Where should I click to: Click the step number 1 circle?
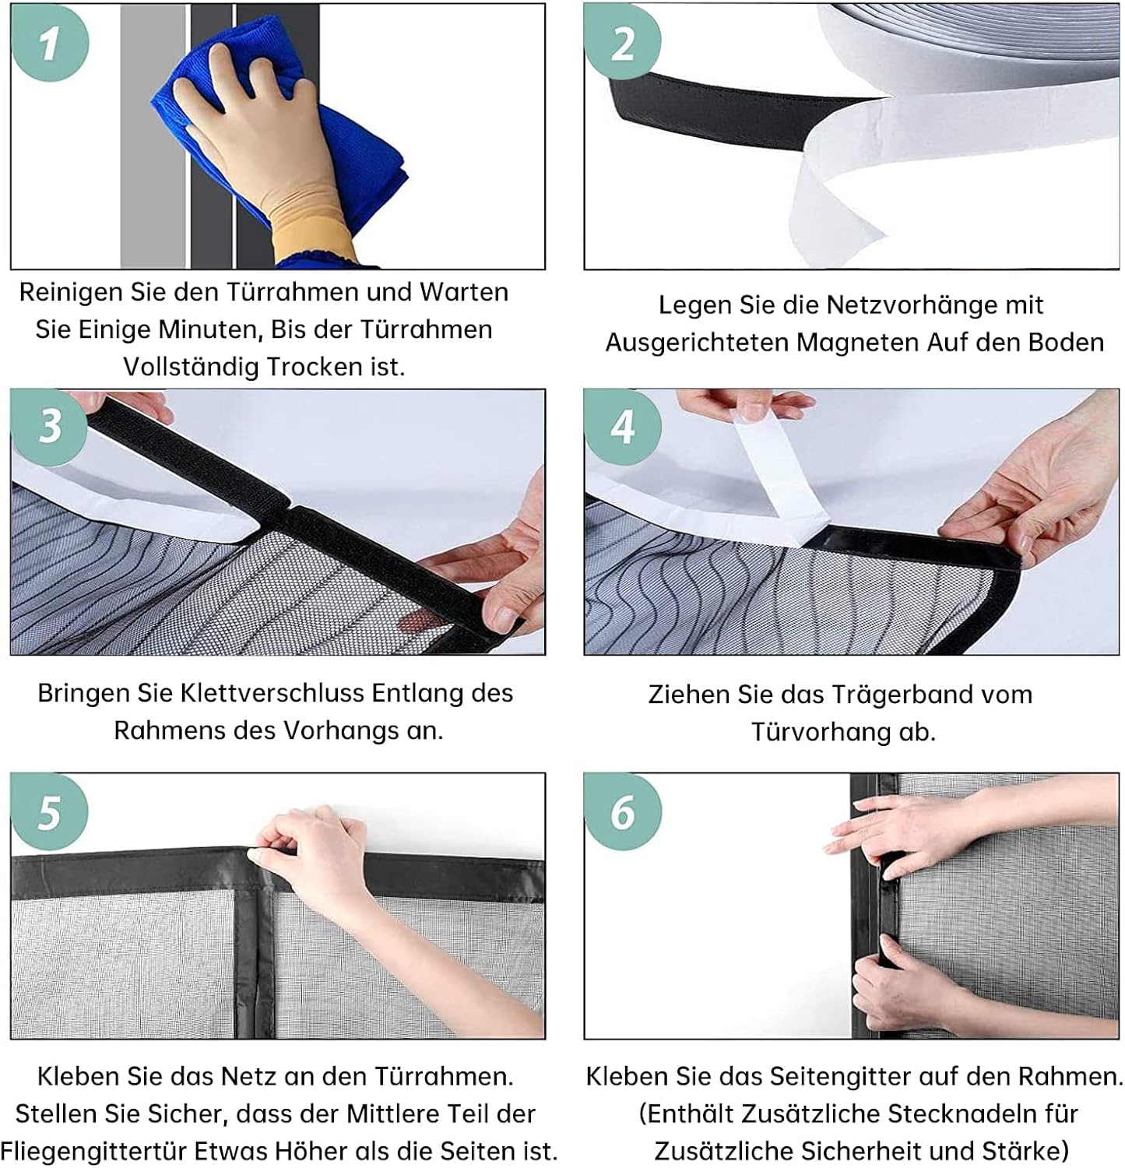click(x=50, y=42)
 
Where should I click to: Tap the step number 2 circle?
click(x=623, y=42)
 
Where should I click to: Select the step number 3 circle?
click(x=50, y=427)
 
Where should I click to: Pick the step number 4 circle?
click(x=623, y=427)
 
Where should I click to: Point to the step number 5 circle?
click(x=50, y=811)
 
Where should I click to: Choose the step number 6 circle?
click(x=623, y=811)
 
